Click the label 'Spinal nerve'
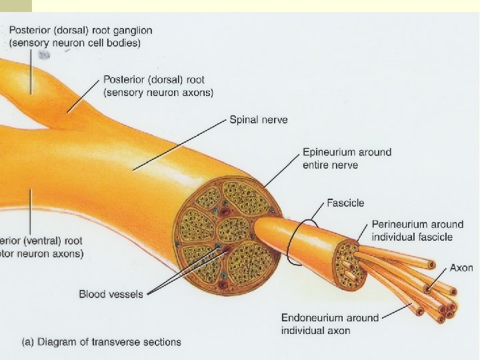click(x=259, y=120)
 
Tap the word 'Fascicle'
click(x=345, y=203)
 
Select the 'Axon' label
click(x=461, y=268)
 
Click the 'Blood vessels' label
click(x=111, y=294)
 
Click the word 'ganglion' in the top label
click(x=132, y=30)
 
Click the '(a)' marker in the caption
click(x=29, y=342)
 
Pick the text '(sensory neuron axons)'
click(x=159, y=93)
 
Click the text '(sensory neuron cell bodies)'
click(x=75, y=43)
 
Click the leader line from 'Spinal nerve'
click(x=180, y=144)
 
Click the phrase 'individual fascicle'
click(x=412, y=237)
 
